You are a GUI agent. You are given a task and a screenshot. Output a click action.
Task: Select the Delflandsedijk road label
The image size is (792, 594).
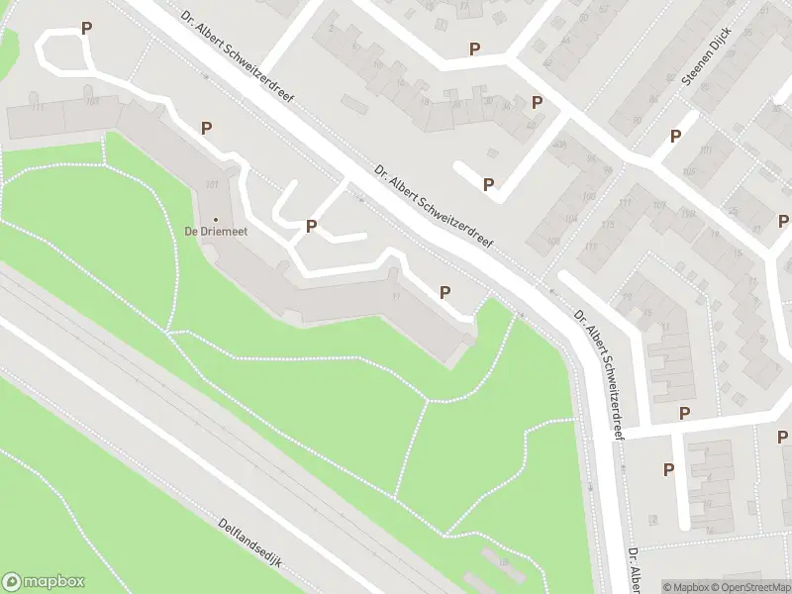coord(250,543)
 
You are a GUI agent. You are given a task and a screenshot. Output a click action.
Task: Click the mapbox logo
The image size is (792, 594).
coord(44,582)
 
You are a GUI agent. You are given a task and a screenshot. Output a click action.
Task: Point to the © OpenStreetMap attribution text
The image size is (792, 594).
coord(749,587)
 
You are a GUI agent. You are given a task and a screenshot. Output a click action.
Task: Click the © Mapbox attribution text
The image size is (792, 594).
coord(685,587)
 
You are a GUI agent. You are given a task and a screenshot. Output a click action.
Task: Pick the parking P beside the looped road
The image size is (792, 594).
coord(86,29)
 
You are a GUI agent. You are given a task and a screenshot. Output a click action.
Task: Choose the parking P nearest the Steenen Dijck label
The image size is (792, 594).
coord(676,137)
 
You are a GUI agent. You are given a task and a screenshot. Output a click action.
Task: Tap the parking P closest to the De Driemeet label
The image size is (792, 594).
coord(311,227)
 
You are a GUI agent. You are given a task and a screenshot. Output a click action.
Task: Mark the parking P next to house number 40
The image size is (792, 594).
coord(537,102)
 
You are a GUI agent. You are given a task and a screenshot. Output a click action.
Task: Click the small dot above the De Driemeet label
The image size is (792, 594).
coord(216,218)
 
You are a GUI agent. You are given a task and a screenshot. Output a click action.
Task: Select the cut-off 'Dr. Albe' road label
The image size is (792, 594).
coord(634,571)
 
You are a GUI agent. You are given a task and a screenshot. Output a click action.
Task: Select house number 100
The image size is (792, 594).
coord(588,196)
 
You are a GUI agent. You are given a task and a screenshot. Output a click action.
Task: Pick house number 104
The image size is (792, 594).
coord(570,219)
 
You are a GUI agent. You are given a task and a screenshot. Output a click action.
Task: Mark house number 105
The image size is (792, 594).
coord(689,171)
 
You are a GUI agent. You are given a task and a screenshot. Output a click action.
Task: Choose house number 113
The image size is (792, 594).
coord(591,247)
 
